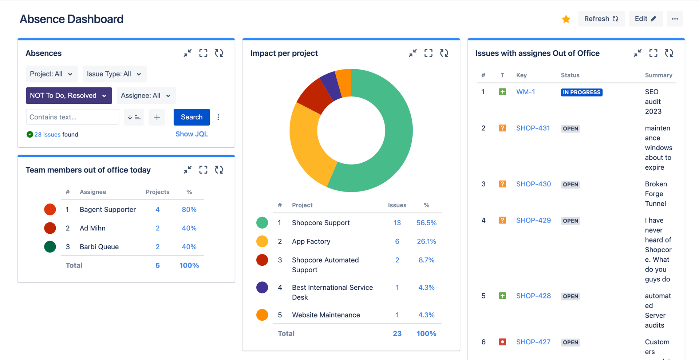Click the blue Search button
tap(191, 117)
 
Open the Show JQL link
tap(191, 134)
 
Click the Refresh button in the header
tap(601, 19)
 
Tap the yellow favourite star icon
tap(566, 19)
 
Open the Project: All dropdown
tap(52, 74)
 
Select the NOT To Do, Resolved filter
tap(69, 95)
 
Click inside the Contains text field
tap(72, 117)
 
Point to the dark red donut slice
tap(314, 96)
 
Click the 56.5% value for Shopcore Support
tap(426, 223)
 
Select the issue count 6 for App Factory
tap(397, 241)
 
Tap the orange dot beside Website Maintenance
tap(262, 315)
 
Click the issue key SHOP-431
tap(533, 128)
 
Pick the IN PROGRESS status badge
tap(581, 92)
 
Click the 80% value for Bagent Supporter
tap(189, 209)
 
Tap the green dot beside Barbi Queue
tap(50, 246)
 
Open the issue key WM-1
tap(525, 92)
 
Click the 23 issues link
tap(47, 134)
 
